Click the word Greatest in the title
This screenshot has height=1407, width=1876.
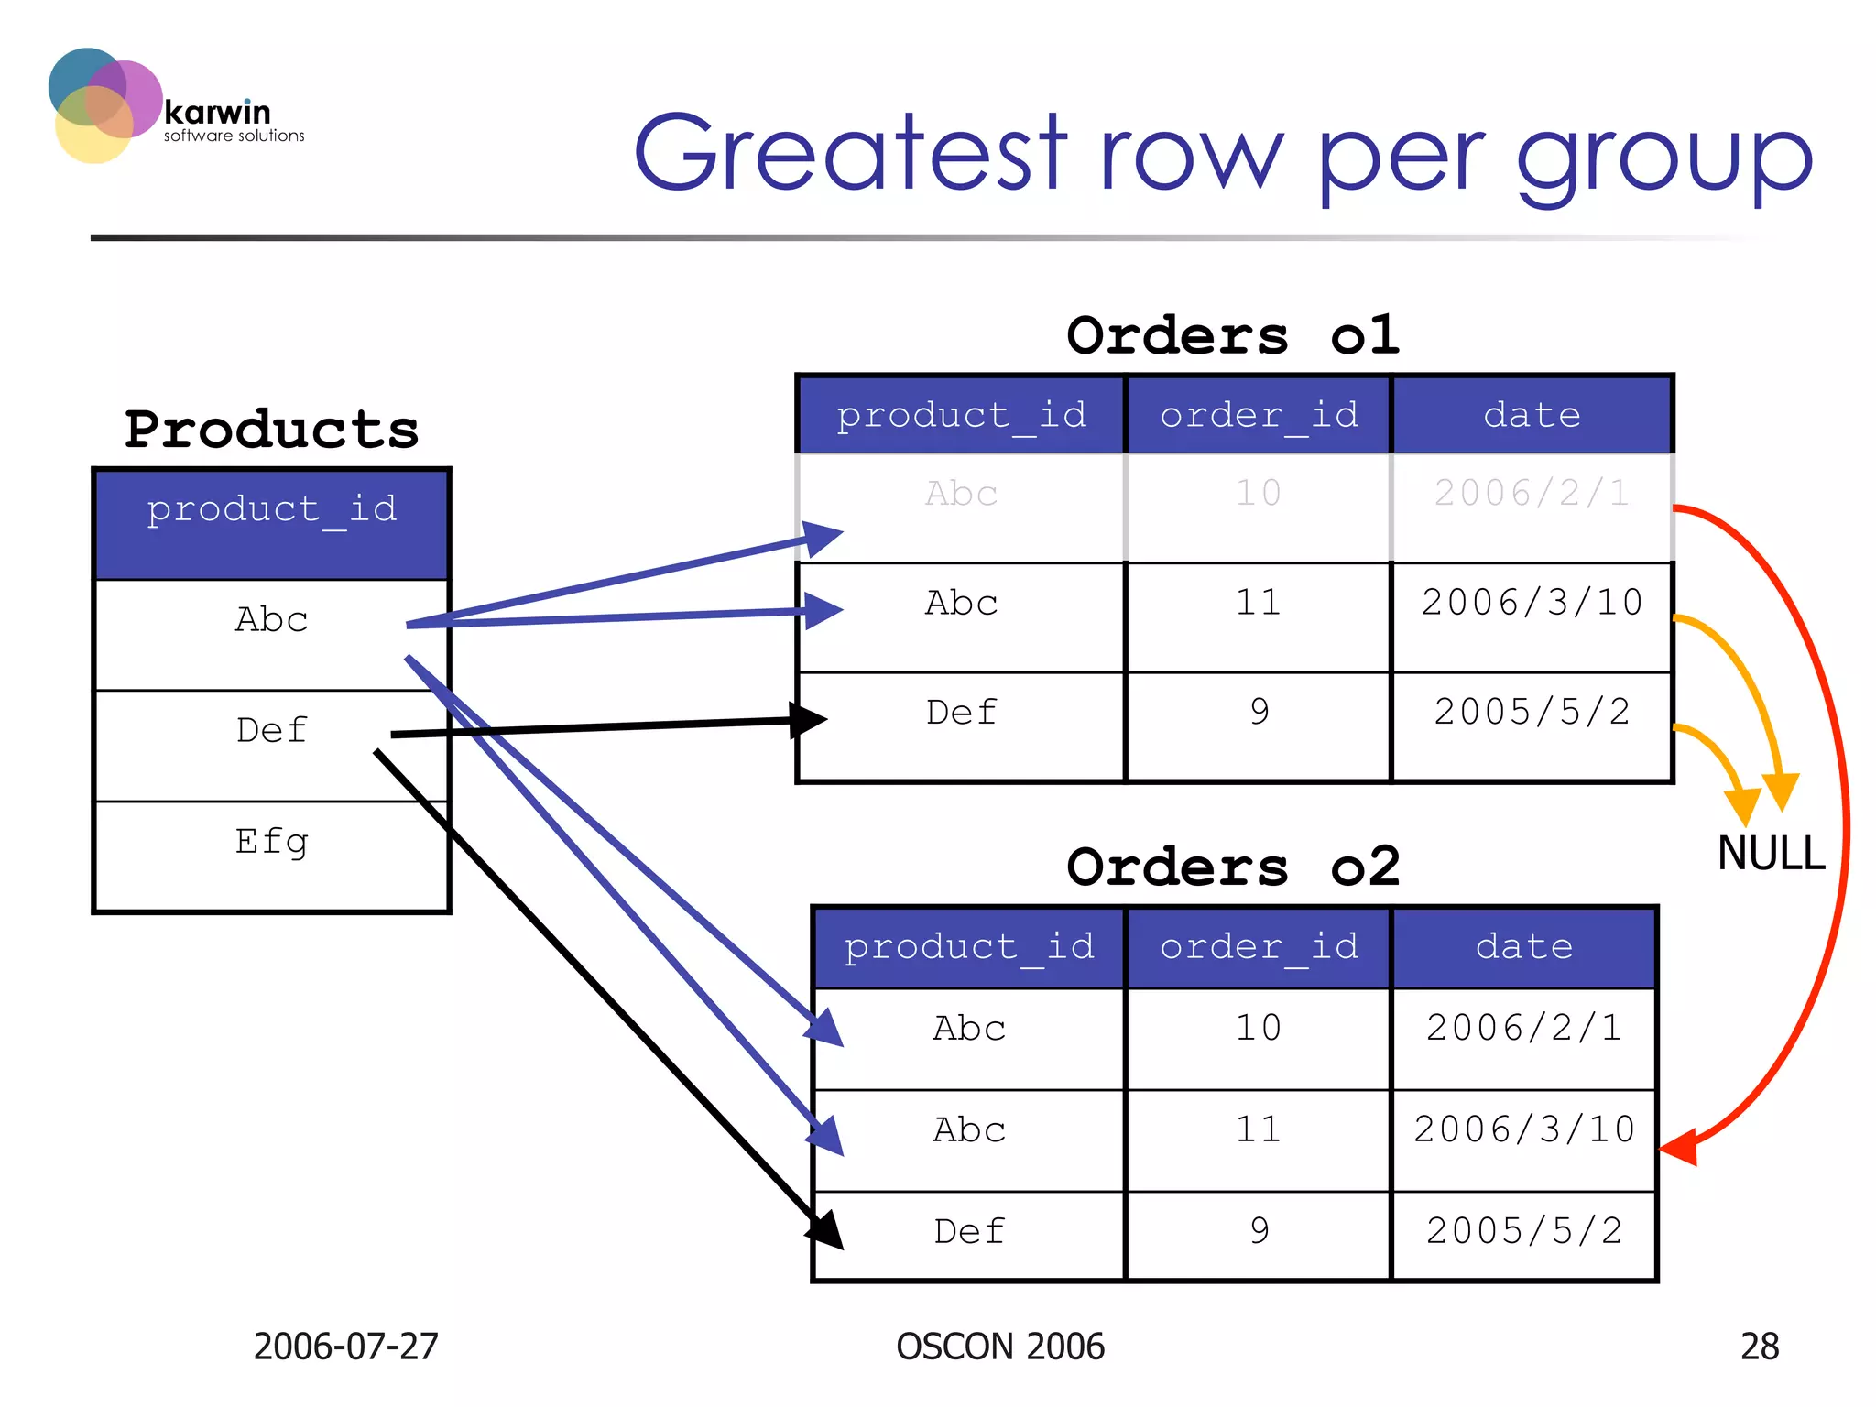coord(850,154)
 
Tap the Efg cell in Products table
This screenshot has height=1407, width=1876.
coord(272,842)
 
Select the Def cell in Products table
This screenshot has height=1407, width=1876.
coord(272,731)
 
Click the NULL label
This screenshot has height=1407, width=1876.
coord(1771,854)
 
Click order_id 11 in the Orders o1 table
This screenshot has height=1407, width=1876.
coord(1259,604)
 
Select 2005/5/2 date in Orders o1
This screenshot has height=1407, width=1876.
coord(1532,713)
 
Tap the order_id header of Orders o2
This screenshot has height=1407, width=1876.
coord(1259,947)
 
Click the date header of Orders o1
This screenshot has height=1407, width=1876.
coord(1532,416)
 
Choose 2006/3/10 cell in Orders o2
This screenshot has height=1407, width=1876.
coord(1524,1130)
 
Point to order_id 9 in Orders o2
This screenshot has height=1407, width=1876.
coord(1259,1231)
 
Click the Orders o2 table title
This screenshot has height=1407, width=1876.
coord(1233,867)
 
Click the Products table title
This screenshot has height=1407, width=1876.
coord(272,430)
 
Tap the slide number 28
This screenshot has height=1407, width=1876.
coord(1759,1347)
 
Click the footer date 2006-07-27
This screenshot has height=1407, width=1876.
coord(346,1347)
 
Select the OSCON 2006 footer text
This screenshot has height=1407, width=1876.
coord(1000,1347)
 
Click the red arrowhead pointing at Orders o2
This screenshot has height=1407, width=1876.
coord(1680,1147)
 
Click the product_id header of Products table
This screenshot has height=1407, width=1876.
coord(272,510)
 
